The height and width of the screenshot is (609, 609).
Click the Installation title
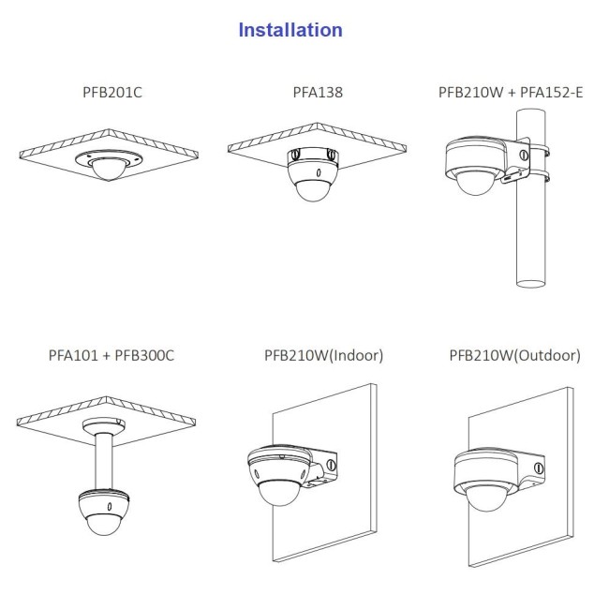tap(290, 30)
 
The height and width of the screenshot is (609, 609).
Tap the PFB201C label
tap(112, 93)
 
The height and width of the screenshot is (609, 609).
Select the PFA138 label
tap(318, 93)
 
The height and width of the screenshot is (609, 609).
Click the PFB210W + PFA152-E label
tap(511, 93)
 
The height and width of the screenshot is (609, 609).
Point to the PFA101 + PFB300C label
tap(111, 355)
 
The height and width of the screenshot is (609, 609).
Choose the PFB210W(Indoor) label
tap(323, 355)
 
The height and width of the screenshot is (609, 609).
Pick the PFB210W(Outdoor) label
tap(514, 355)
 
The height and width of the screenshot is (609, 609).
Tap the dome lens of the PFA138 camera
tap(313, 190)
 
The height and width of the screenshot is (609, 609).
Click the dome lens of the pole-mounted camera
tap(475, 183)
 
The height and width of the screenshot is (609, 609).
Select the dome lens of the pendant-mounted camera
tap(104, 524)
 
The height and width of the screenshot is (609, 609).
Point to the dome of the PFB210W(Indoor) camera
tap(279, 493)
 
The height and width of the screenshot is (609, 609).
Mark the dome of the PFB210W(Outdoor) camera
tap(485, 499)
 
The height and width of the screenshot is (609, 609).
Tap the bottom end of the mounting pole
tap(530, 284)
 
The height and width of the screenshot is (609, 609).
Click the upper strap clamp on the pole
tap(539, 151)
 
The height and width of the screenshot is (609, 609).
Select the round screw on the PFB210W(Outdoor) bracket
tap(539, 468)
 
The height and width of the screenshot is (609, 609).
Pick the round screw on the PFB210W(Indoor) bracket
tap(331, 465)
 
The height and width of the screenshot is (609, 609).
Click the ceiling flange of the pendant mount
tap(104, 426)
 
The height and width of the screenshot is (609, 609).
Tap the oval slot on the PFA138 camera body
tap(319, 172)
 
